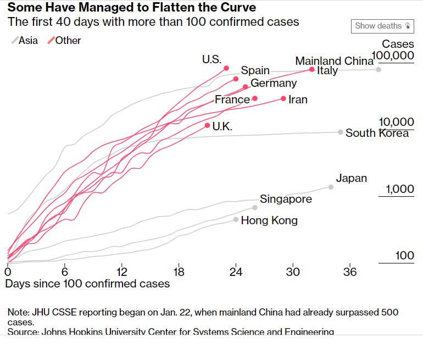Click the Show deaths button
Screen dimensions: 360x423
point(382,26)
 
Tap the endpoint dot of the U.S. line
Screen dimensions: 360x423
point(226,68)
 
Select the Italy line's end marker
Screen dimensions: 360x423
point(312,70)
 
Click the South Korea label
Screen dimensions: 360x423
point(377,133)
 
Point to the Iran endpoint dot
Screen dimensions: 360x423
point(283,98)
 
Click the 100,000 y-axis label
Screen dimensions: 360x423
point(393,56)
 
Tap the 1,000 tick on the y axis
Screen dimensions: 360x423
point(399,190)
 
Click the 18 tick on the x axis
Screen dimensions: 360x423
point(179,272)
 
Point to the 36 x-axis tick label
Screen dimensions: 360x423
point(350,272)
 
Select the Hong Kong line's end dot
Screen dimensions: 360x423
point(236,219)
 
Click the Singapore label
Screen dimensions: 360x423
point(286,199)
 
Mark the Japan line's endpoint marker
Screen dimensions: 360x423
point(331,187)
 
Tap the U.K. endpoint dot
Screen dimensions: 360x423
point(207,126)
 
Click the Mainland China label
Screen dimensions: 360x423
point(334,61)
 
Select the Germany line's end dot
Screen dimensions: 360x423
point(245,87)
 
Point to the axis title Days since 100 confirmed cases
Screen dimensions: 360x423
point(87,284)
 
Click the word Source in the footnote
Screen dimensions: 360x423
point(22,332)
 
